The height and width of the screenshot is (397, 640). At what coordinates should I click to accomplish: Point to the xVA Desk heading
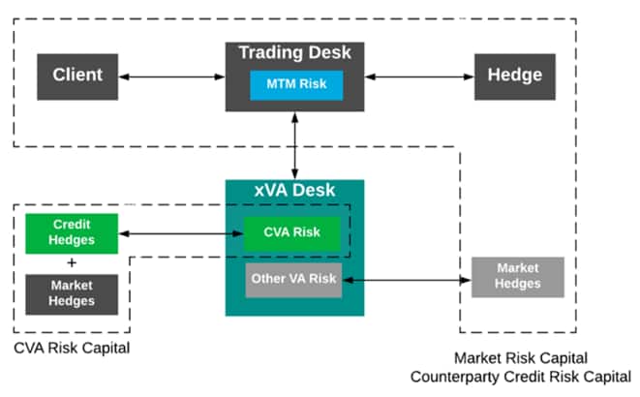[294, 191]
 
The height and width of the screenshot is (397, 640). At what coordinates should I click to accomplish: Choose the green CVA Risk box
[292, 233]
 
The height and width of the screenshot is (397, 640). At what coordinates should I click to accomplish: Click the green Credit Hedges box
[72, 232]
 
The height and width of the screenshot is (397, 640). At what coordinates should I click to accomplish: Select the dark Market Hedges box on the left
[72, 293]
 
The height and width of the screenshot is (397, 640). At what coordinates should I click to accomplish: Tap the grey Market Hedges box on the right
[517, 277]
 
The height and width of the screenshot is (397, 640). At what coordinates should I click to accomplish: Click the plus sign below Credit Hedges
[72, 261]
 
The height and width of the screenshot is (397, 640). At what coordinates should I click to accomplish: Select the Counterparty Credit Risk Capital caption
[521, 376]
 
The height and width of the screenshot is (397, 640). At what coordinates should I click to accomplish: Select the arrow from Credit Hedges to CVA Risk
[180, 233]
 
